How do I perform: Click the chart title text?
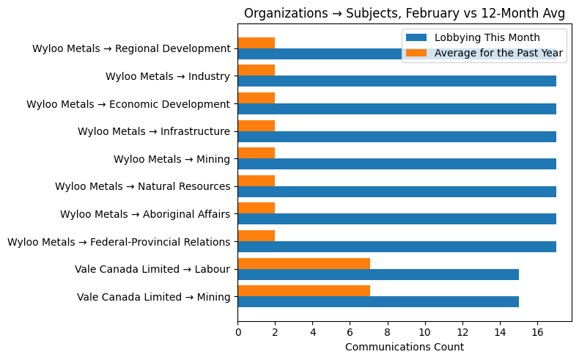pos(405,13)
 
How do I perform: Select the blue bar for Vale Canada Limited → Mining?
pos(378,302)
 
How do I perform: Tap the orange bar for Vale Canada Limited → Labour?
pos(303,263)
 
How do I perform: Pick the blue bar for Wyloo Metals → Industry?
pos(397,81)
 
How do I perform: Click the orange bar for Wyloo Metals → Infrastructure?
pos(256,125)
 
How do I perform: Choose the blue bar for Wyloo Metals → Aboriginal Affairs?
pos(397,219)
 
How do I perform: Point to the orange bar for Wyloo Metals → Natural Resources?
pos(256,180)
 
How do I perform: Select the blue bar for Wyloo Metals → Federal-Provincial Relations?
pos(397,247)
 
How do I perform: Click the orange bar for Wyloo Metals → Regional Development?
pos(256,43)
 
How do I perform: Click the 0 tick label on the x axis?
pos(237,332)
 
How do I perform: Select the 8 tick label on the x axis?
pos(388,332)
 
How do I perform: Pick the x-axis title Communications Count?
pos(405,347)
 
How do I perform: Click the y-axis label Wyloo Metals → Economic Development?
pos(128,104)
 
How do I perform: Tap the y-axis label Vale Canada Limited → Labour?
pos(152,269)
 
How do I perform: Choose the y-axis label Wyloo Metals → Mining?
pos(172,159)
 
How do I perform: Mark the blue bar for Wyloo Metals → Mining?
pos(397,164)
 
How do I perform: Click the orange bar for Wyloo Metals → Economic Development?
pos(256,98)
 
